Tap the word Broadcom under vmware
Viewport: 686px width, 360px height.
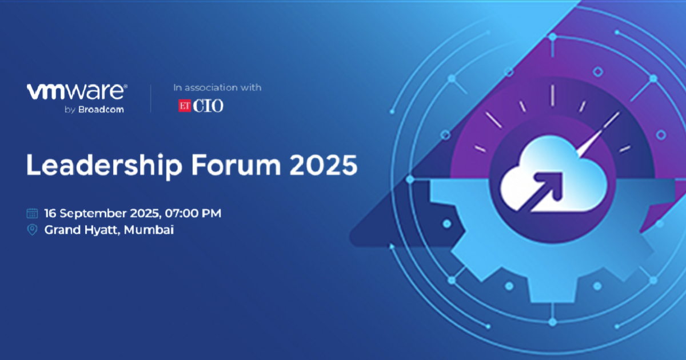101,109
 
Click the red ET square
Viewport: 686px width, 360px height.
185,106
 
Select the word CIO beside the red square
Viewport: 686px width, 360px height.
208,106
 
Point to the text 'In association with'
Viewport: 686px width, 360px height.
217,87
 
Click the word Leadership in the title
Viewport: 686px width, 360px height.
105,165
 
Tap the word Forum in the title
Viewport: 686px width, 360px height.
236,165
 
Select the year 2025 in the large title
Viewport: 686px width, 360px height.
324,165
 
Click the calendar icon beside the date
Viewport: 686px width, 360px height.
32,213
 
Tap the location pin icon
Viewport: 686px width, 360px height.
32,230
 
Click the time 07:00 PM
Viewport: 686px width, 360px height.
193,213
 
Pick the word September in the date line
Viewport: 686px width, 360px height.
93,214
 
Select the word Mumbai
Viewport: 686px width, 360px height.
149,230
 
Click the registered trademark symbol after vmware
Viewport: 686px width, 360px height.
126,87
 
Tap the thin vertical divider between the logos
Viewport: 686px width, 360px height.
151,98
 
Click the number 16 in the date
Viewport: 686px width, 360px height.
50,213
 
